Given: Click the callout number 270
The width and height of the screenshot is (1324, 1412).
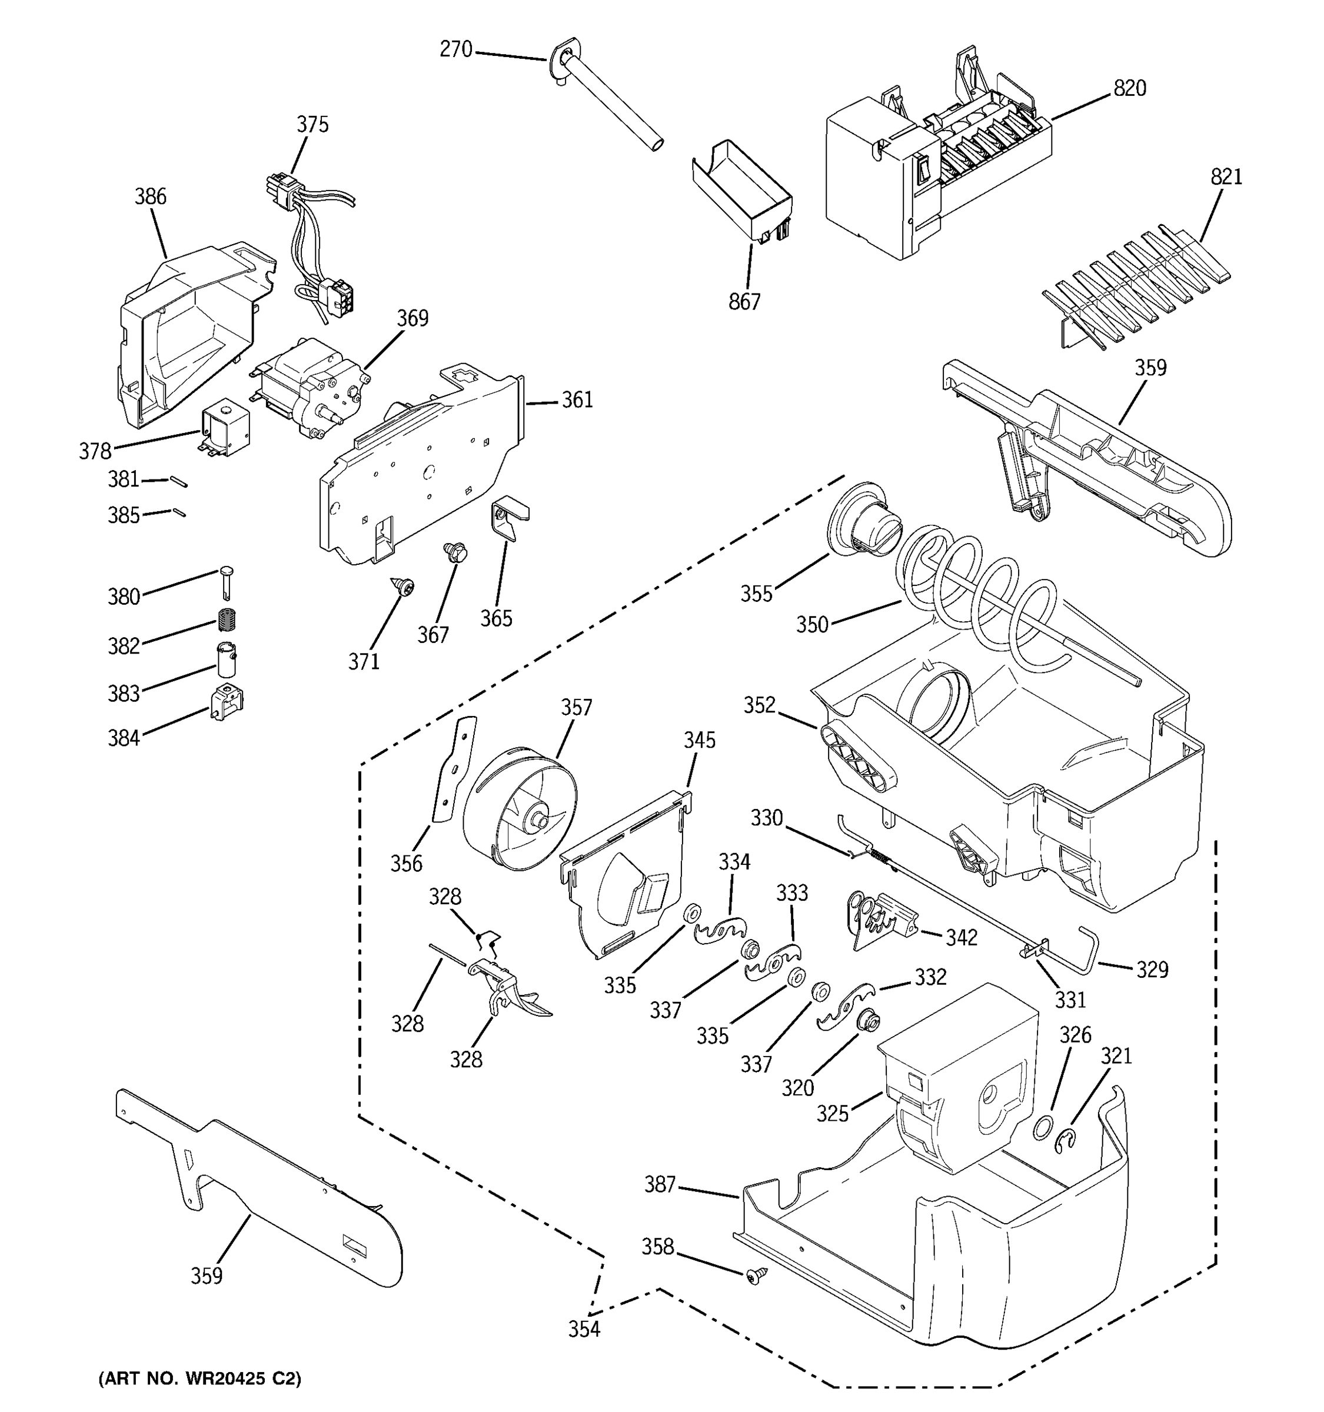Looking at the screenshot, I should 455,50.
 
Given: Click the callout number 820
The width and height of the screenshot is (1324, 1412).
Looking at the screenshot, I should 1129,89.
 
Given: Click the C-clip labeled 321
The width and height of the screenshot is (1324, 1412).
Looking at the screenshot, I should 1066,1143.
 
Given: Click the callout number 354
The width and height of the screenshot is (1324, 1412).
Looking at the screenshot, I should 584,1329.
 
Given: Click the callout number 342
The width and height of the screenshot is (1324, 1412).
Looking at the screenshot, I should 961,938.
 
